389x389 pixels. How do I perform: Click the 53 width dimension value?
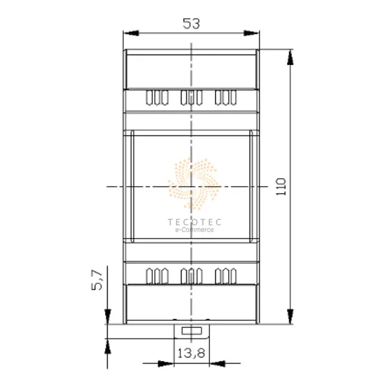(x=191, y=24)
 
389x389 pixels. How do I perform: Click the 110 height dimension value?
(x=281, y=187)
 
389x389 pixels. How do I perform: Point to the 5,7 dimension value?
(x=97, y=279)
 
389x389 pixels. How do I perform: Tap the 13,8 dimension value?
(x=191, y=353)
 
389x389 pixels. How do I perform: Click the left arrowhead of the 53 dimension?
(x=131, y=33)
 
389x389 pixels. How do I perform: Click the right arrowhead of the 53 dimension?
(x=252, y=33)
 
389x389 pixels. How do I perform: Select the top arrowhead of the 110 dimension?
(x=290, y=57)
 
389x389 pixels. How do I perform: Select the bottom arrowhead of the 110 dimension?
(x=290, y=316)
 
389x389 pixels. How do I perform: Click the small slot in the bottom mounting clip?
(x=192, y=331)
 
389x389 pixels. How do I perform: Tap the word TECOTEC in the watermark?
(x=194, y=222)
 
